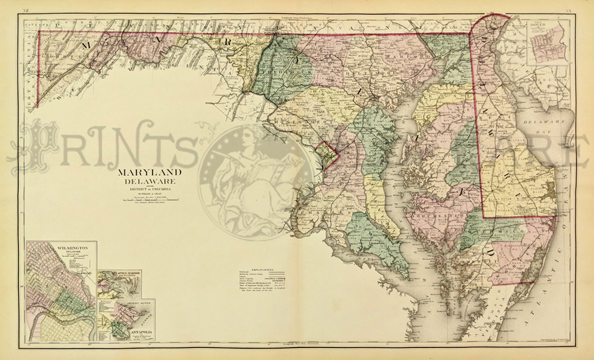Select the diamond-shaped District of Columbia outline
pyautogui.click(x=324, y=156)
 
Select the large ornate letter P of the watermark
pyautogui.click(x=36, y=143)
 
